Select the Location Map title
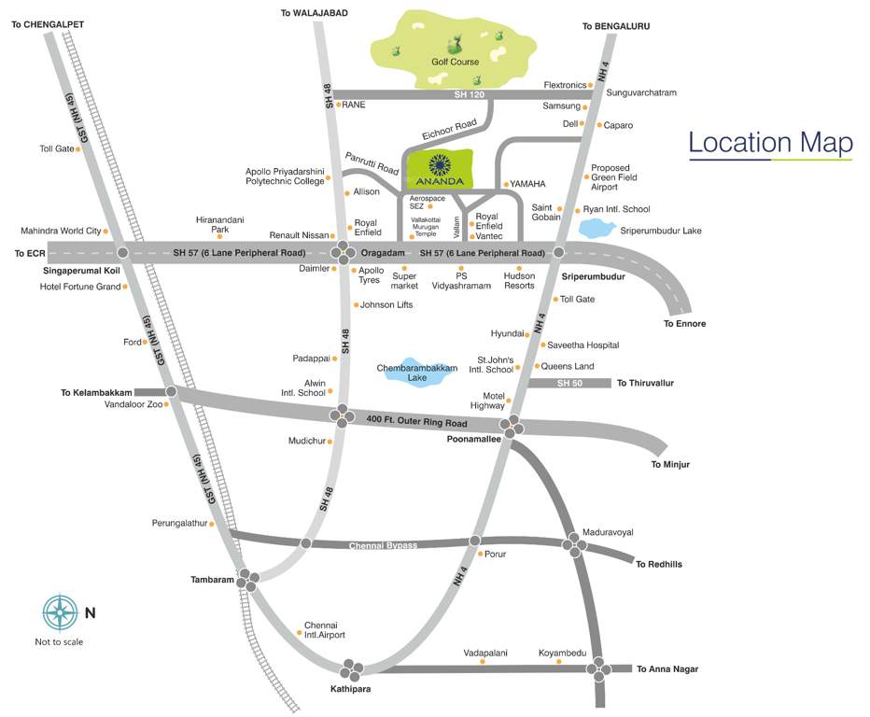pos(770,143)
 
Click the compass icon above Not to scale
pos(59,612)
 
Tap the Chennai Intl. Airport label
pos(325,629)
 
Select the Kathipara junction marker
pos(353,669)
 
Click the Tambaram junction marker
pos(248,580)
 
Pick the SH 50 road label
pos(569,383)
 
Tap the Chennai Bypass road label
pos(383,544)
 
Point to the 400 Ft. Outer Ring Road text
pos(416,421)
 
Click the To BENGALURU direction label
pos(615,26)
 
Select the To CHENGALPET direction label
pos(48,24)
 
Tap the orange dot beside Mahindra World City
pos(106,231)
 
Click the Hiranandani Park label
pos(219,224)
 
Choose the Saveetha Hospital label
pos(582,345)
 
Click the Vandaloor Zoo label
pos(133,404)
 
